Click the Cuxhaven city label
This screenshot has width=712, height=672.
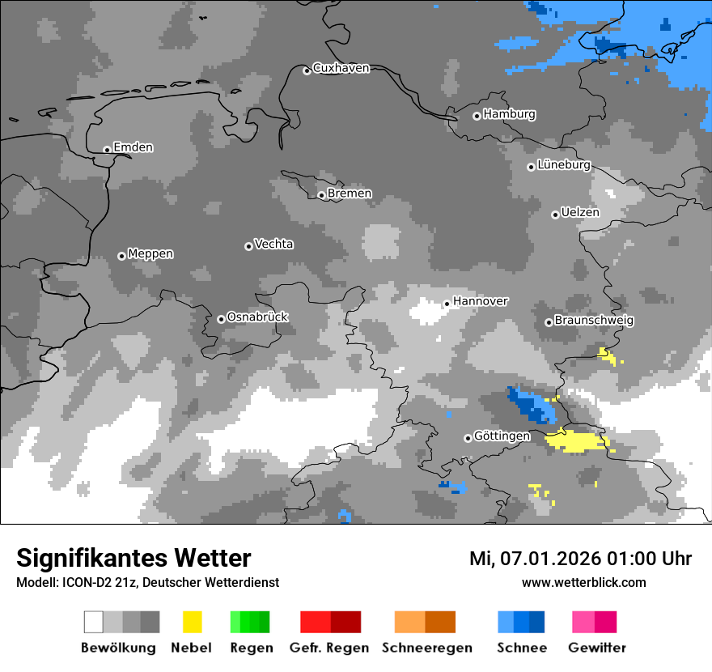pos(341,68)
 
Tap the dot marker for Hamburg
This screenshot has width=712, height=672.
pos(477,116)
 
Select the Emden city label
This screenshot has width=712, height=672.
pos(133,147)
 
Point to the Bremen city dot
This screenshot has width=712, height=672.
pos(321,195)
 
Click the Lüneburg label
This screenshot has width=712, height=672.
pos(563,164)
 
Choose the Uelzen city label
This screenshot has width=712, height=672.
pos(580,212)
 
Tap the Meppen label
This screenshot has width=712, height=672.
pos(150,253)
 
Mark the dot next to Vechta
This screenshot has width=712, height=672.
pos(248,246)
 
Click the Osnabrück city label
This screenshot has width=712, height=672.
pos(257,317)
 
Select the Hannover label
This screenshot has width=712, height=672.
pos(480,301)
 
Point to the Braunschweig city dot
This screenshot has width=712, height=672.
pos(549,322)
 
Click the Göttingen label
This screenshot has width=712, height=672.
pos(502,436)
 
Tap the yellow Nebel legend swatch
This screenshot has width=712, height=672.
pos(192,622)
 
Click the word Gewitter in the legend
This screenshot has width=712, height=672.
pos(596,648)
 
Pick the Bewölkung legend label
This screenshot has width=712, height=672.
pos(118,648)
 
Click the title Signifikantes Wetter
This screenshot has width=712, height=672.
pos(133,558)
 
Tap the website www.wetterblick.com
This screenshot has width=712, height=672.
pos(583,582)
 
